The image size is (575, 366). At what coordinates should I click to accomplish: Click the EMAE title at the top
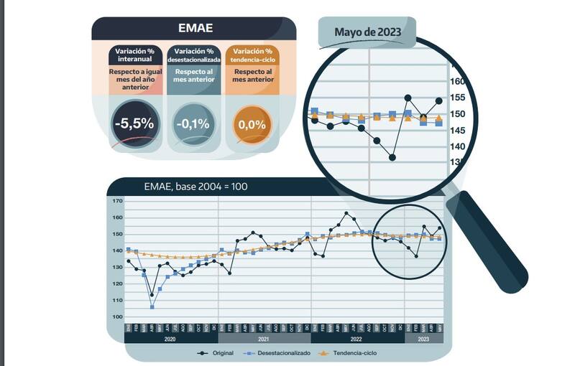pos(195,29)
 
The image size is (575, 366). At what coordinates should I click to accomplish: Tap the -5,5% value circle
pos(134,123)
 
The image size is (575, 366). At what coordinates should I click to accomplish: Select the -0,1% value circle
pos(193,123)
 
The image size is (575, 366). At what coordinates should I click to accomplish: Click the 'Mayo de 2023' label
pos(368,32)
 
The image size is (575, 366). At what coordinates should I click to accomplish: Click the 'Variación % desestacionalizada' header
pos(193,55)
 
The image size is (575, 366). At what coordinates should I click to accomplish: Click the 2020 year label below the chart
pos(170,338)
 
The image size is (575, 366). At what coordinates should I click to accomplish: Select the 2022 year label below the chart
pos(356,338)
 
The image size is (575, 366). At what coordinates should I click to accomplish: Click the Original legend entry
pos(217,353)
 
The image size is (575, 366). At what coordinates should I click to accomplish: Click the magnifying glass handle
pos(489,243)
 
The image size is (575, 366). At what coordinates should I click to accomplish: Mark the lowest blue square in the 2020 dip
pos(152,306)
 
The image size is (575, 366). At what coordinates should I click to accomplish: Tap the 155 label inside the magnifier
pos(457,98)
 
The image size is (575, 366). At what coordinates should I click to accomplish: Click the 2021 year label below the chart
pos(263,338)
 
